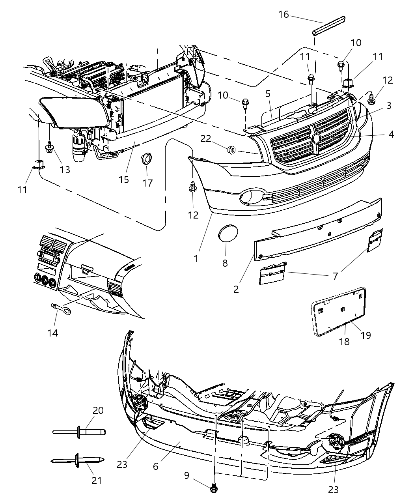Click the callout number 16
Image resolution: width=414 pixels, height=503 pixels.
(283, 15)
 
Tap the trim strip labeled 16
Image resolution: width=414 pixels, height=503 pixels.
(329, 25)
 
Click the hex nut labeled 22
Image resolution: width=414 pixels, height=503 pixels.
(232, 150)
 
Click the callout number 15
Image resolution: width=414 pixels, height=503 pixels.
(124, 180)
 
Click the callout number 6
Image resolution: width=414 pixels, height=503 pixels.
(156, 466)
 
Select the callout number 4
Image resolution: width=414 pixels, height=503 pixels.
(391, 134)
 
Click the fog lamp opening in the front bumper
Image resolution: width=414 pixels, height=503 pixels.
(249, 198)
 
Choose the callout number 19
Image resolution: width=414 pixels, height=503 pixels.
(366, 335)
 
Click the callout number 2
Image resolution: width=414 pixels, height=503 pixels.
(236, 289)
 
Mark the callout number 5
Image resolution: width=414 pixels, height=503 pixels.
(279, 93)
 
